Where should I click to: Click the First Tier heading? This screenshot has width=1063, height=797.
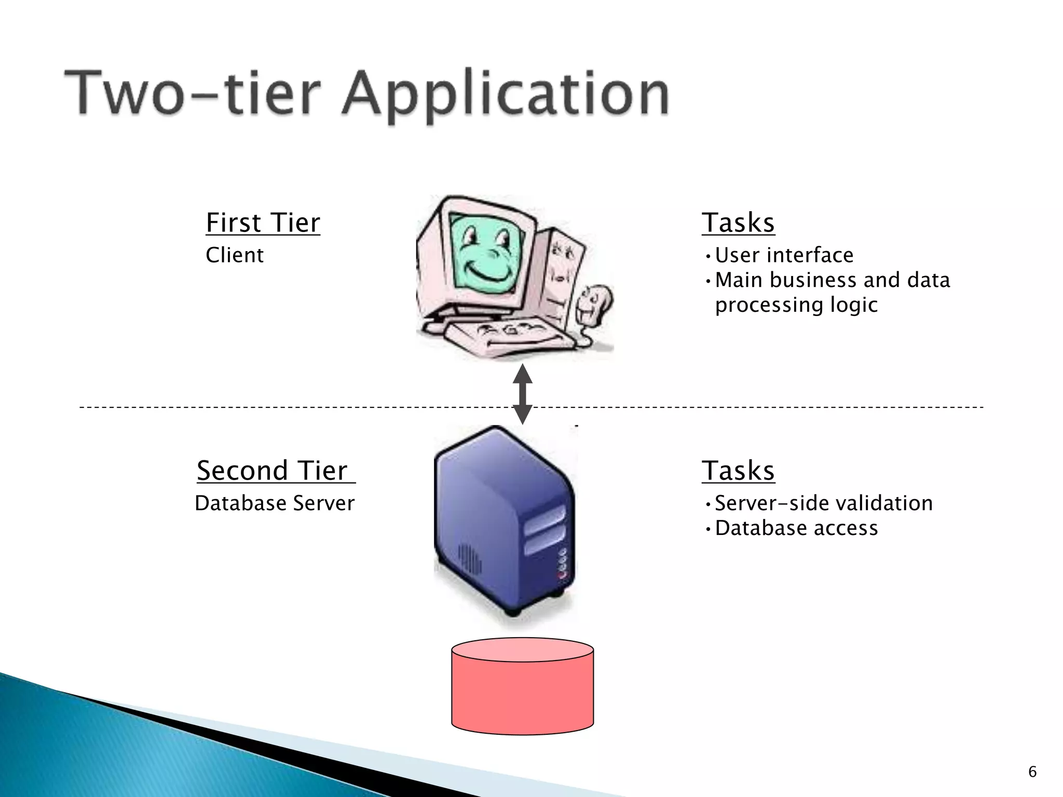point(263,223)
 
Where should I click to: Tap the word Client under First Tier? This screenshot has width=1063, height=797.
point(235,255)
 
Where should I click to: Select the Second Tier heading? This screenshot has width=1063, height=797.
point(276,471)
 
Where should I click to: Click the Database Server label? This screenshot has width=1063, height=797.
point(275,503)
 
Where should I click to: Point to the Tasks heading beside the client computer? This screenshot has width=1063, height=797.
point(738,223)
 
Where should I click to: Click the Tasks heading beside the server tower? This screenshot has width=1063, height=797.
point(738,471)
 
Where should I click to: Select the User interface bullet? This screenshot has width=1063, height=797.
point(784,255)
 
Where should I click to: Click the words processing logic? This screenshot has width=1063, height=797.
point(796,305)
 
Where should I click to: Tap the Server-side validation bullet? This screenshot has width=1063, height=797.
point(824,503)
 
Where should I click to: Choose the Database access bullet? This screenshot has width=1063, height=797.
point(796,528)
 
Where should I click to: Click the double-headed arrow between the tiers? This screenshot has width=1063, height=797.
point(522,394)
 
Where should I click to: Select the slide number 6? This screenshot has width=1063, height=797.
point(1032,772)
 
